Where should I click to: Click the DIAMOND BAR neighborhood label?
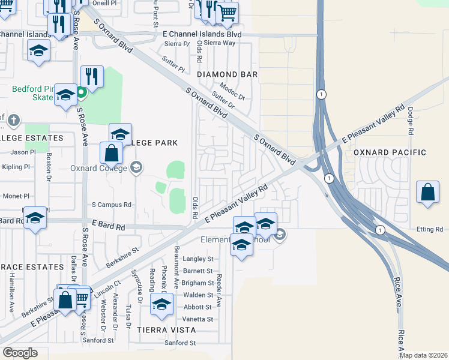[228, 74]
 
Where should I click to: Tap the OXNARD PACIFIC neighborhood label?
[390, 152]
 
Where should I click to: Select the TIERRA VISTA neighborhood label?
[166, 330]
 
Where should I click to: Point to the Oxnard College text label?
[99, 167]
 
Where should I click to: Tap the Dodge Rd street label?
[411, 121]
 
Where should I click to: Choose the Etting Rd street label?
[429, 229]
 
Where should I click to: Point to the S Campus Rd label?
[111, 205]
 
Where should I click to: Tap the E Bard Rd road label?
[104, 227]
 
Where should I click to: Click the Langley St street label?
[198, 259]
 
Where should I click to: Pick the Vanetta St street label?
[198, 319]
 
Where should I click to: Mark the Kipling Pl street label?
[16, 167]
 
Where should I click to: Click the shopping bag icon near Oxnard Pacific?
[427, 193]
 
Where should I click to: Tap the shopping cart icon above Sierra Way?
[227, 13]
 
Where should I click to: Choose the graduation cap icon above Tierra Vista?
[161, 304]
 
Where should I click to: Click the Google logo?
[20, 353]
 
